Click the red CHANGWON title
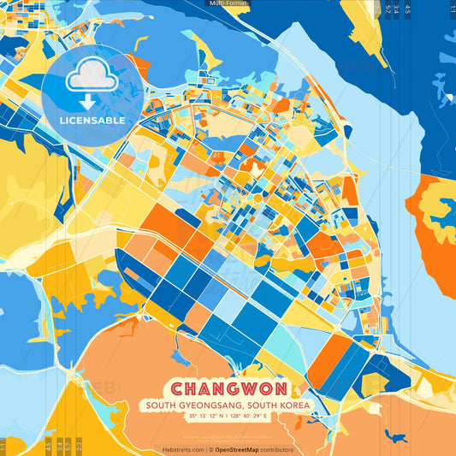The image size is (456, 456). [x=228, y=388]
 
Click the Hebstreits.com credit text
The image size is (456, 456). [x=182, y=449]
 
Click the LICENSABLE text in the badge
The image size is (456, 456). [x=92, y=121]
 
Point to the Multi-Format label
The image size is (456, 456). [x=228, y=3]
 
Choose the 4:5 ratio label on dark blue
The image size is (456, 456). [x=407, y=9]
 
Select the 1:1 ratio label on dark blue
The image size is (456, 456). [x=450, y=9]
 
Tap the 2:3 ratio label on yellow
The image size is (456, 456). [x=78, y=446]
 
